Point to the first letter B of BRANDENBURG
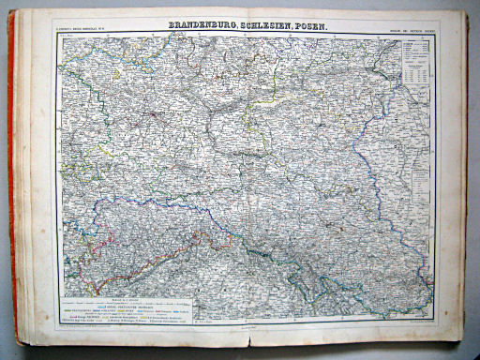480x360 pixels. click(x=172, y=29)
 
